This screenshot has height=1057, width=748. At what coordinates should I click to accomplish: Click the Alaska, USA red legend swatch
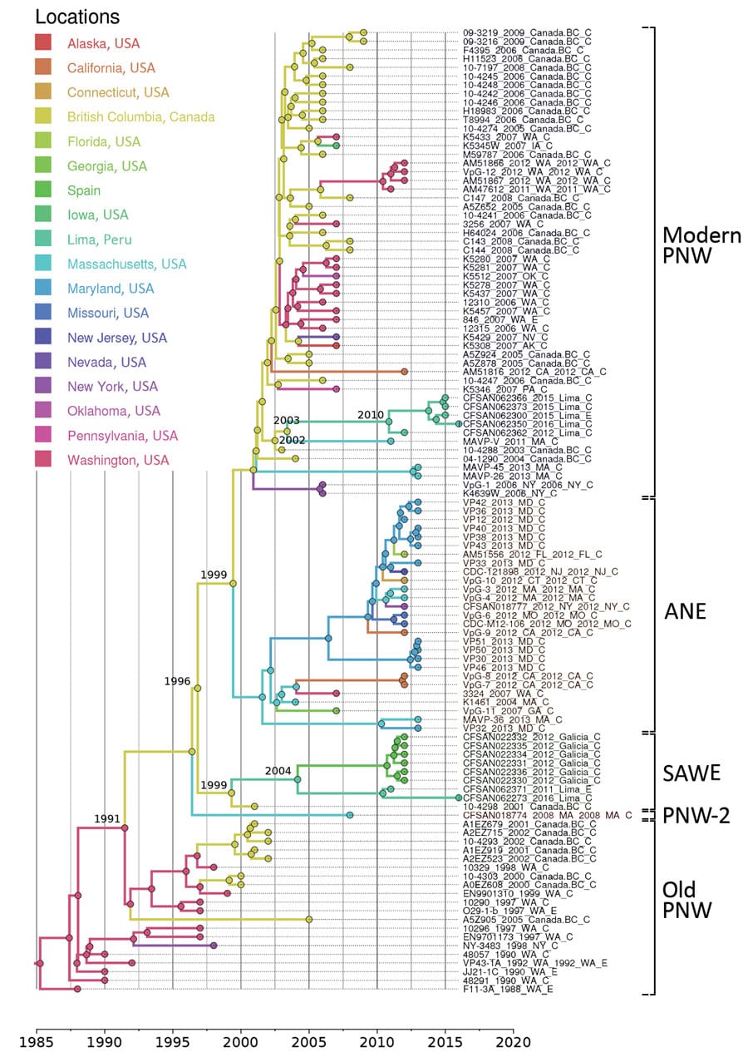(43, 42)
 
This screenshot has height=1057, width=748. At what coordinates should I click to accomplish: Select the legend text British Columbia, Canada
(141, 116)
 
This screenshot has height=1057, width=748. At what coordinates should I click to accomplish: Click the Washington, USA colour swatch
(43, 460)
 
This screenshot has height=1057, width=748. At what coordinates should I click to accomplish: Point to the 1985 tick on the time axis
(36, 1039)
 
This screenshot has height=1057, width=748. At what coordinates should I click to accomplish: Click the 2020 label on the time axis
(513, 1039)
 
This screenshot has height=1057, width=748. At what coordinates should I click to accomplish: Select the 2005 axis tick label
(309, 1039)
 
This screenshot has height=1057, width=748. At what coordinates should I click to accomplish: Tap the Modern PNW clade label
(701, 247)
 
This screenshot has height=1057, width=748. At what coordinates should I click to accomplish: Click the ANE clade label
(685, 611)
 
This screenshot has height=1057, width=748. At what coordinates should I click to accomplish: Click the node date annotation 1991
(108, 819)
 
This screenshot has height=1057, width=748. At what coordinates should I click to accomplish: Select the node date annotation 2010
(371, 414)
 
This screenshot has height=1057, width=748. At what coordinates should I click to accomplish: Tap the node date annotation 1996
(177, 681)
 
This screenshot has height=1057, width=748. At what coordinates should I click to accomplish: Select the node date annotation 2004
(278, 771)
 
